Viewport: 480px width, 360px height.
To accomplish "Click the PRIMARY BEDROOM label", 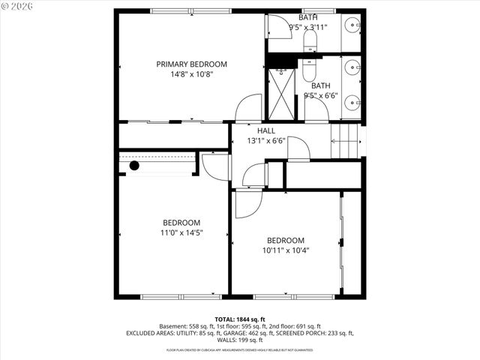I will coord(191,64).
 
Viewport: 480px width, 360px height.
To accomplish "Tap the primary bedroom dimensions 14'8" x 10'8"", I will coord(191,74).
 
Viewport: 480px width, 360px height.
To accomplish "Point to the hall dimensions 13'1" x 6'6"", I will coord(256,140).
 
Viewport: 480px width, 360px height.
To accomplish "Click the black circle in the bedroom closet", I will coord(134,165).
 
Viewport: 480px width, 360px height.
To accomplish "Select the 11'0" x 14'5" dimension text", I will coord(182,232).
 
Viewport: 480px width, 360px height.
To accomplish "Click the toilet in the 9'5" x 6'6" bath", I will coord(309,72).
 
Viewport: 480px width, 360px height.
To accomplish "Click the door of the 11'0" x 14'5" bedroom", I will coord(214,166).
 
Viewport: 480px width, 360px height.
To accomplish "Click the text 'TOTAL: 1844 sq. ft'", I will coord(240,319).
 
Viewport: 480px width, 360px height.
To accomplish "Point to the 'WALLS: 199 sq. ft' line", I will coord(240,340).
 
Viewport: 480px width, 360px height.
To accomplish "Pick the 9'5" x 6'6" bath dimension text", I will coord(321,95).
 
